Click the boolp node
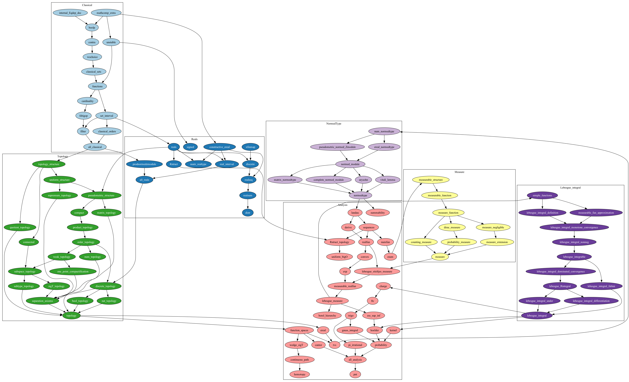coord(92,28)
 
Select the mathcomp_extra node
coord(106,13)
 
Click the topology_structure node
coord(49,164)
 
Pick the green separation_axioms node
coord(42,301)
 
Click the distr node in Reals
coord(248,213)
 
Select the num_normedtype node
coord(384,131)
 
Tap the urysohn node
coord(363,180)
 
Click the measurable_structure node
coord(431,180)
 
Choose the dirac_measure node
coord(452,228)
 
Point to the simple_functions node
coord(542,195)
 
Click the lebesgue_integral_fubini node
coord(601,286)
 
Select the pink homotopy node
coord(299,374)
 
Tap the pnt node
coord(355,374)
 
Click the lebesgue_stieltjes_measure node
coord(377,272)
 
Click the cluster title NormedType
coord(334,124)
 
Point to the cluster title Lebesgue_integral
coord(570,188)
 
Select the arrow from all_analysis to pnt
coord(355,367)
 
